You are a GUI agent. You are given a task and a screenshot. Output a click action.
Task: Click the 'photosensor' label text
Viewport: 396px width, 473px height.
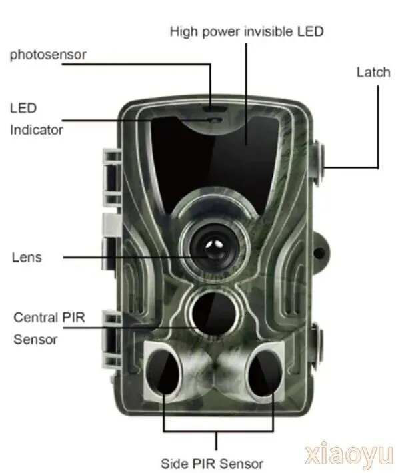tap(48, 55)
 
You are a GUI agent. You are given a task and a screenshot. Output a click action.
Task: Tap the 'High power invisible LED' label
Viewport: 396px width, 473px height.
tap(247, 31)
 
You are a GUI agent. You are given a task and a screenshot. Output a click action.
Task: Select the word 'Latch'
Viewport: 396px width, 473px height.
tap(373, 73)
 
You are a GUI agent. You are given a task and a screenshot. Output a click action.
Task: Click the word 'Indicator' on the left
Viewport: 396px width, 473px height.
tap(37, 130)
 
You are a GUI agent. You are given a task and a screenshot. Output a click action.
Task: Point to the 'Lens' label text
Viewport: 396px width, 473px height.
tap(27, 258)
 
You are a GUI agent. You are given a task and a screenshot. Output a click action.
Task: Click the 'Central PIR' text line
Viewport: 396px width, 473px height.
tap(49, 318)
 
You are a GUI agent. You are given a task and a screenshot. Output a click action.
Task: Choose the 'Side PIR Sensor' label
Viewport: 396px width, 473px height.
tap(212, 464)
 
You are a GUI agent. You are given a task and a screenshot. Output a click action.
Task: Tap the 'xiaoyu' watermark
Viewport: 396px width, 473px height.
tap(349, 454)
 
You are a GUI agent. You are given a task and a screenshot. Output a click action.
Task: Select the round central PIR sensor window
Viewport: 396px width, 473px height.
tap(213, 313)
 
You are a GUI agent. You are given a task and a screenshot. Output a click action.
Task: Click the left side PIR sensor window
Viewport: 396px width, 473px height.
tap(163, 372)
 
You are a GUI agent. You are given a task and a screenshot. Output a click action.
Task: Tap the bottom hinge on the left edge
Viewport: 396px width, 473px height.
tap(111, 340)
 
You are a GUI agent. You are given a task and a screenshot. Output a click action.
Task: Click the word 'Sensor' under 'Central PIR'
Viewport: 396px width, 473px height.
tap(35, 340)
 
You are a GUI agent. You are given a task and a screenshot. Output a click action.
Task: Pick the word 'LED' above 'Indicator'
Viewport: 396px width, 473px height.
tap(23, 108)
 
